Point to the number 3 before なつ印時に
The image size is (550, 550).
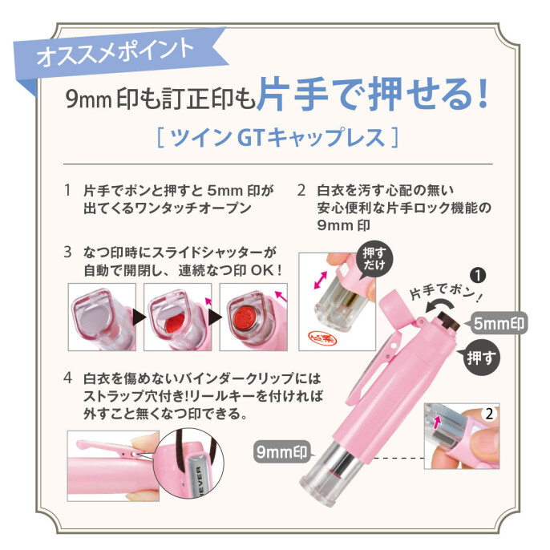click(x=67, y=253)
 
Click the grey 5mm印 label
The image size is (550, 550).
click(x=497, y=324)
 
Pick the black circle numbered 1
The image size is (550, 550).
click(x=478, y=276)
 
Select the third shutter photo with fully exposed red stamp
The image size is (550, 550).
click(x=249, y=315)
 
